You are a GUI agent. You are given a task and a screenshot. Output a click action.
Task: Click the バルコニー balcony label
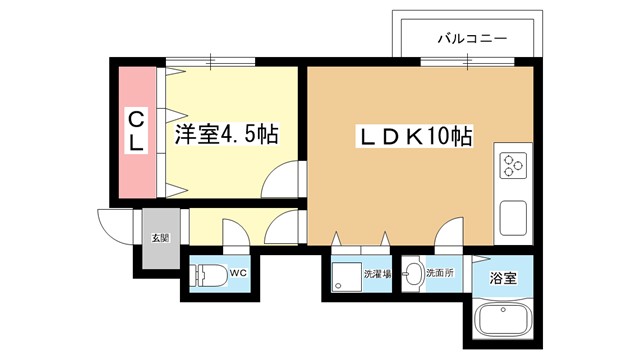(x=472, y=39)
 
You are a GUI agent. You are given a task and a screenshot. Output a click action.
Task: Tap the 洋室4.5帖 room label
(x=227, y=133)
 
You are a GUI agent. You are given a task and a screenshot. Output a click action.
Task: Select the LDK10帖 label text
(x=415, y=136)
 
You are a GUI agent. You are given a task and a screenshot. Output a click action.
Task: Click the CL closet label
(x=136, y=131)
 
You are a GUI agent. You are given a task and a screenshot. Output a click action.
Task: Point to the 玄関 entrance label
(x=161, y=238)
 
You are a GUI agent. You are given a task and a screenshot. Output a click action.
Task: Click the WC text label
(x=238, y=273)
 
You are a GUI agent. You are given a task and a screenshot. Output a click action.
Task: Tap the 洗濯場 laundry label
(x=377, y=274)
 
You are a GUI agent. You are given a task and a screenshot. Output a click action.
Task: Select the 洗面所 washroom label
(x=440, y=273)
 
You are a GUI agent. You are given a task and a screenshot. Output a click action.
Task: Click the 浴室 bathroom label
(x=503, y=278)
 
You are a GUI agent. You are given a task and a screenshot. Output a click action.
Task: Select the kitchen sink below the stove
(x=513, y=218)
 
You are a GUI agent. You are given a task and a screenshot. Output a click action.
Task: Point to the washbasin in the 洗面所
(x=413, y=273)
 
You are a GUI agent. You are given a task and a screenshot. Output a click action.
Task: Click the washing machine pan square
(x=347, y=277)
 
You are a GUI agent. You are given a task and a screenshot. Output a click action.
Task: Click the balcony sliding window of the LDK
(x=467, y=62)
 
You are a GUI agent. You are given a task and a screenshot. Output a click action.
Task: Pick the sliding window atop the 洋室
(x=211, y=62)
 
